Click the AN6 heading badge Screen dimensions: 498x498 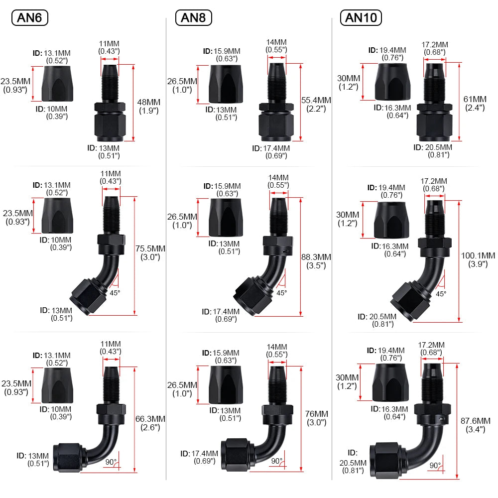(29, 17)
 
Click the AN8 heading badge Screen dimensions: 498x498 (193, 17)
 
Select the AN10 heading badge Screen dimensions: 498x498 (361, 17)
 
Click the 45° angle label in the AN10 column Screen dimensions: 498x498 (441, 294)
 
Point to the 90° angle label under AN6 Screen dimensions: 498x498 (111, 462)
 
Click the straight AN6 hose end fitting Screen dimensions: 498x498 (110, 103)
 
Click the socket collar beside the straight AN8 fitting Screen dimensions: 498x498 (226, 84)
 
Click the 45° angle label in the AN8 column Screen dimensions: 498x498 (281, 292)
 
